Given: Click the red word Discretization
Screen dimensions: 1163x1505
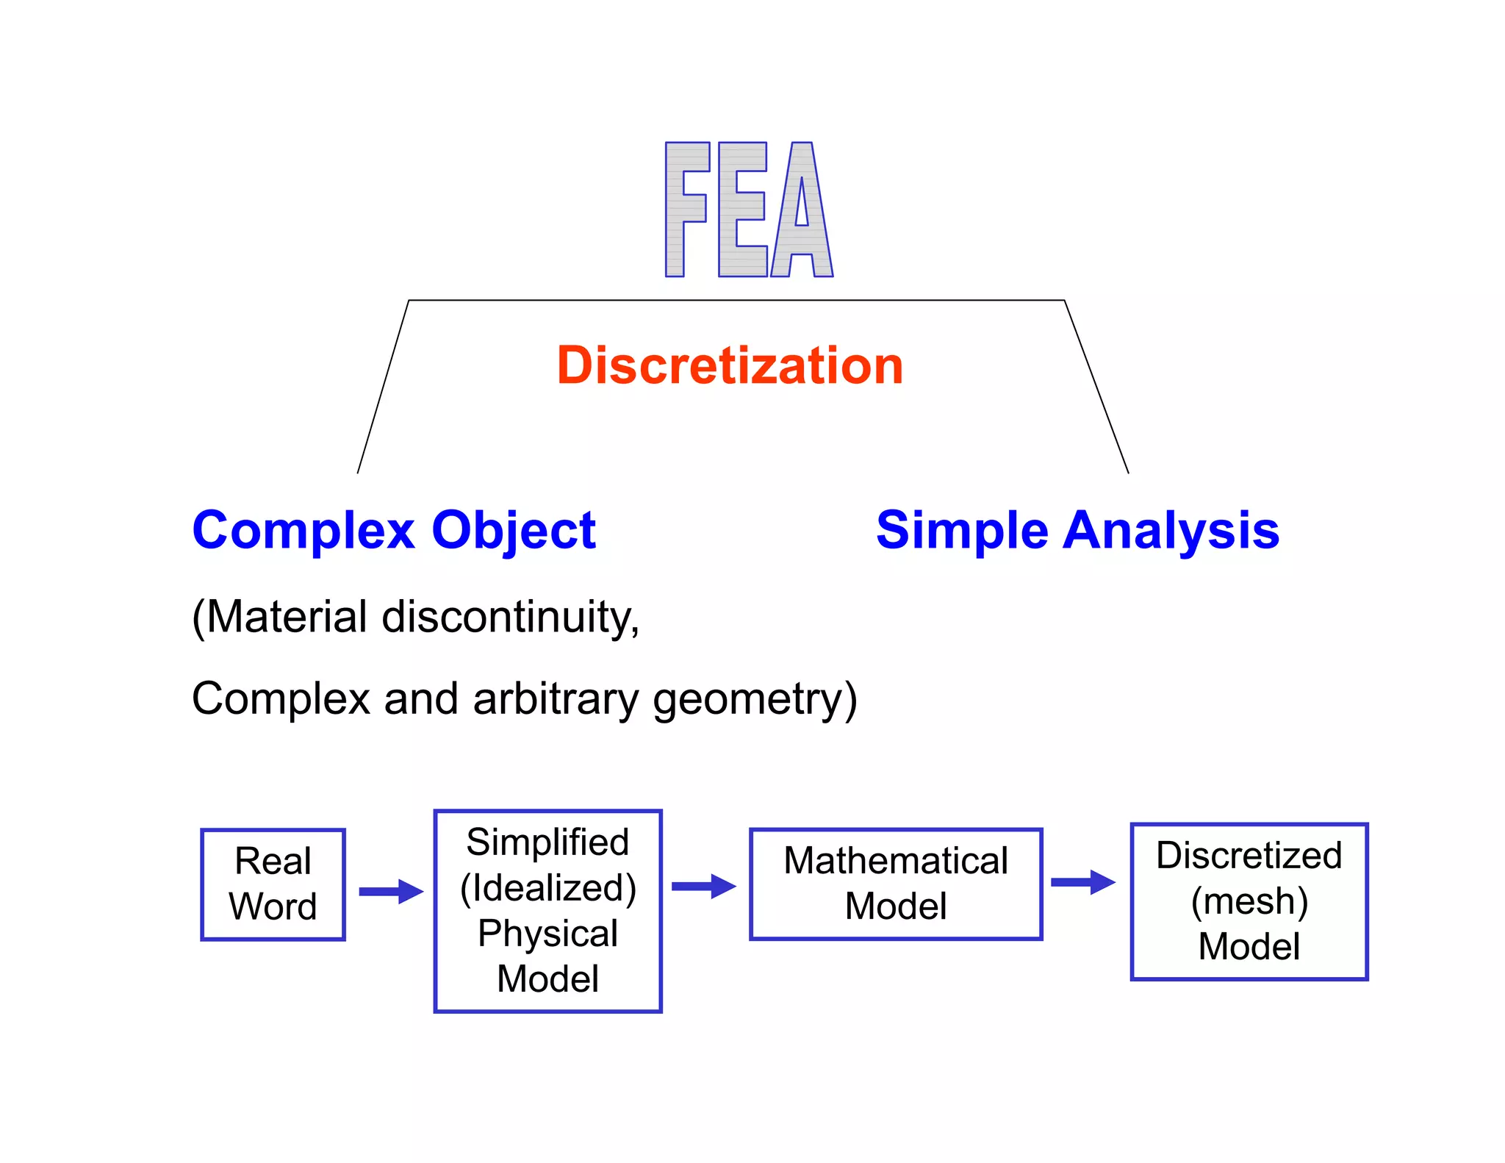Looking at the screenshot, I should coord(730,365).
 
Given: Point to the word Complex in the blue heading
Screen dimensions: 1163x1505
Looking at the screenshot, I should coord(303,530).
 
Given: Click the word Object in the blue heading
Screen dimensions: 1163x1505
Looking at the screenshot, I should coord(514,530).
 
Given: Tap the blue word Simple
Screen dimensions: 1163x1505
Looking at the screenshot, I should coord(962,530).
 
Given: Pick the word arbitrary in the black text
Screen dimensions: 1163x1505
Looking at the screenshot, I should coord(556,698).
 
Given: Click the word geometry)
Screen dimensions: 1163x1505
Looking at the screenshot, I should coord(755,698).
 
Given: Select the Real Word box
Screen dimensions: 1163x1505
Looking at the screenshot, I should coord(273,884).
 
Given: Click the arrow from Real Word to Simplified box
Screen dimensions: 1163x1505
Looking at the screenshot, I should coord(390,891).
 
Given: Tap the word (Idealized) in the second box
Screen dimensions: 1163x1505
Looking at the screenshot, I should coord(548,887).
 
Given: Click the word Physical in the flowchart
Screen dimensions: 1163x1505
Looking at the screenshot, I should coord(548,933).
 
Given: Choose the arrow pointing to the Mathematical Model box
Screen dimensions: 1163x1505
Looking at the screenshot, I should coord(703,886).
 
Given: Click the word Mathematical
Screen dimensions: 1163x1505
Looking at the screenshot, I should coord(896,861).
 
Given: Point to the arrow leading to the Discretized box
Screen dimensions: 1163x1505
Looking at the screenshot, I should coord(1082,881).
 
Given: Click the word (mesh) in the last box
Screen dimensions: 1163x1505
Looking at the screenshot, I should coord(1249,901).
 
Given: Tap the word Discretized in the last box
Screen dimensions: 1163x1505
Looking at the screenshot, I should coord(1249,855).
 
